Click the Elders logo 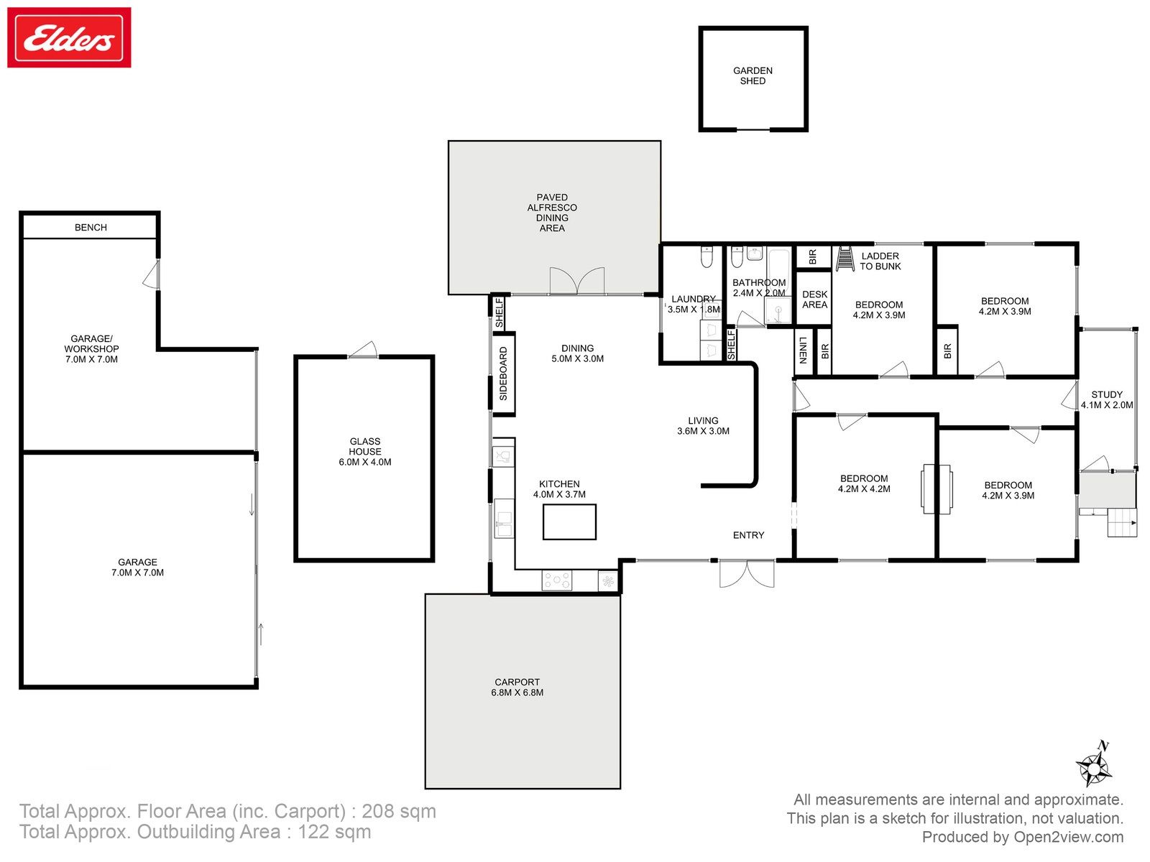pos(69,37)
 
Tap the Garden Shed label pos(753,76)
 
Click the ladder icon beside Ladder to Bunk pos(845,259)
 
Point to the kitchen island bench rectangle pos(569,522)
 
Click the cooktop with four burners pos(557,580)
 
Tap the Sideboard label pos(504,373)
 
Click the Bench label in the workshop pos(91,227)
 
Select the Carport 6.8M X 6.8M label pos(517,687)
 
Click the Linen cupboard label pos(803,350)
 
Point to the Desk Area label pos(814,300)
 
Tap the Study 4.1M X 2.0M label pos(1107,399)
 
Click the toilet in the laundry pos(707,256)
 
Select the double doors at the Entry pos(747,573)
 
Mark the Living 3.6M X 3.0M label pos(703,425)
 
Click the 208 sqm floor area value pos(399,811)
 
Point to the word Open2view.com pos(1069,837)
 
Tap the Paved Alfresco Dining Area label pos(552,213)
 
